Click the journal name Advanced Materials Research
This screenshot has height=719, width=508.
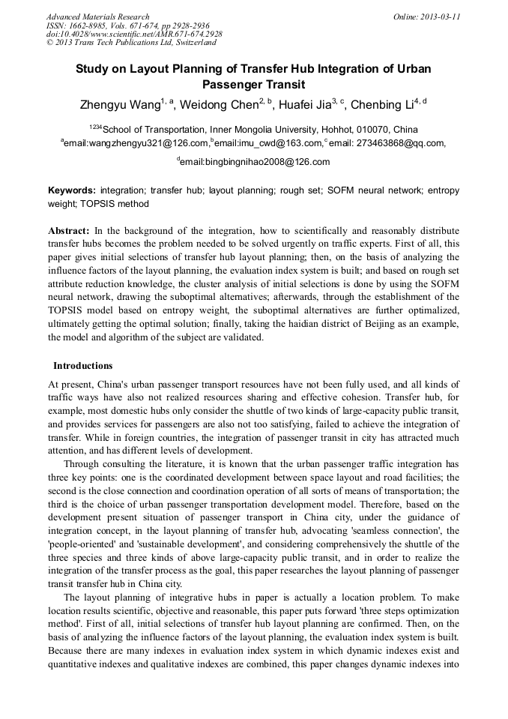[98, 16]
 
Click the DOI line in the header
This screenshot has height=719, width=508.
[134, 34]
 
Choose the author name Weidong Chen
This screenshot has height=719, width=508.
[217, 104]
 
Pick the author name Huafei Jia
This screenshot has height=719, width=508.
[305, 104]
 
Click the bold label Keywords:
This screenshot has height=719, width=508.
[72, 191]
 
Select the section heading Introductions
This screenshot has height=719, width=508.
[82, 366]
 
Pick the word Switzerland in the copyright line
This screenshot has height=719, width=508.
[193, 43]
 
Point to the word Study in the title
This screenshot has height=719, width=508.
[92, 69]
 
